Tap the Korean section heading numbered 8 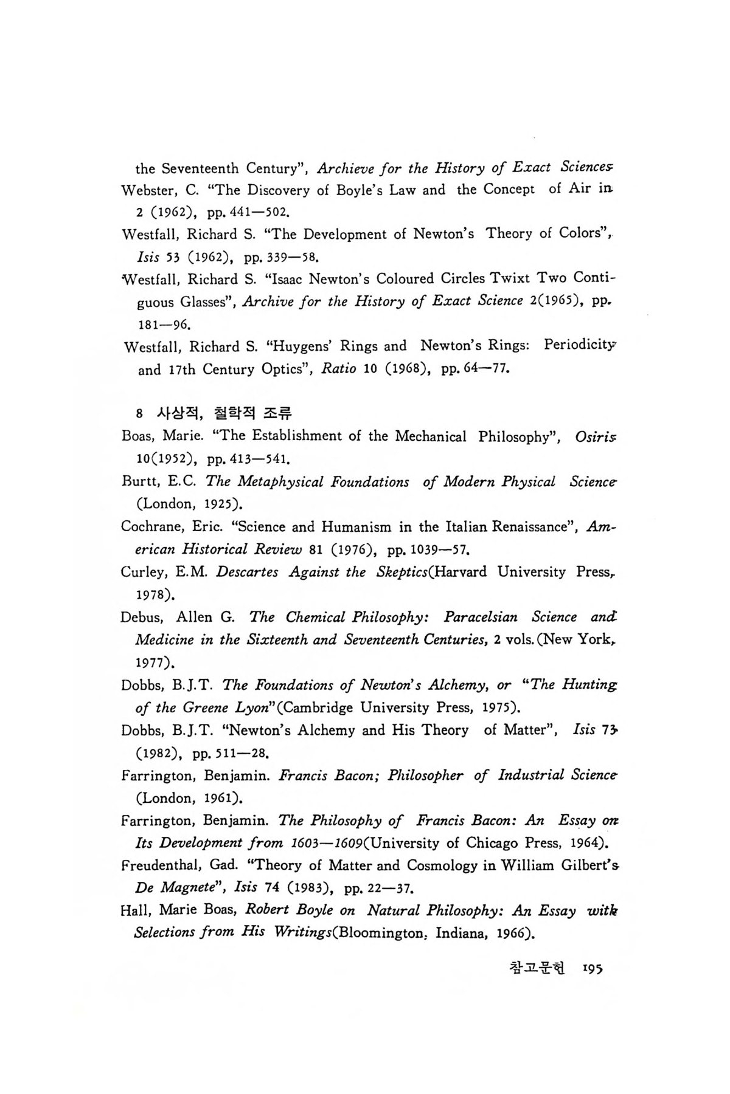coord(215,414)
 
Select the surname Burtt coord(139,482)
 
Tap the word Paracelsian coord(481,618)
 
